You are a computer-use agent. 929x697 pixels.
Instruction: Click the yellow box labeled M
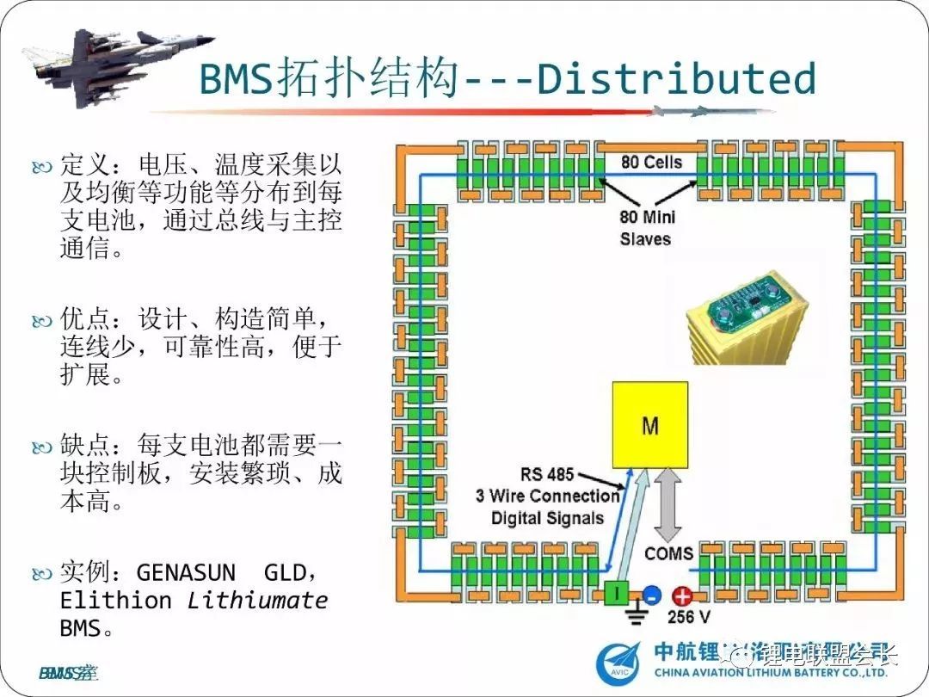(x=649, y=425)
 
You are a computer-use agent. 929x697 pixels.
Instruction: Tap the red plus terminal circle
(x=682, y=595)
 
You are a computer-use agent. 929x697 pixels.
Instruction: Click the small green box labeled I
(x=616, y=593)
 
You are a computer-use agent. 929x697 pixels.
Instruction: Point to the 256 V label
(x=688, y=617)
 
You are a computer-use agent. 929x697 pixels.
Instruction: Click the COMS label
(x=668, y=552)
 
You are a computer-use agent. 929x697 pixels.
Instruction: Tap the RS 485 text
(x=547, y=474)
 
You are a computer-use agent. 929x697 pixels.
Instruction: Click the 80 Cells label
(x=651, y=162)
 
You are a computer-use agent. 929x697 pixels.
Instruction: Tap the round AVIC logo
(x=620, y=664)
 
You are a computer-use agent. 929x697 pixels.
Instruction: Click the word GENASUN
(x=186, y=572)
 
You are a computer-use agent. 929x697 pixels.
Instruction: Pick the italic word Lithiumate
(x=258, y=600)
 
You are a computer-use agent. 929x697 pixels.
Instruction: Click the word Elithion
(x=116, y=600)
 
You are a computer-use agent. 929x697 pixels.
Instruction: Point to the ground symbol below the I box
(x=637, y=614)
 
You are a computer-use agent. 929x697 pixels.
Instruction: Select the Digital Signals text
(x=547, y=518)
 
